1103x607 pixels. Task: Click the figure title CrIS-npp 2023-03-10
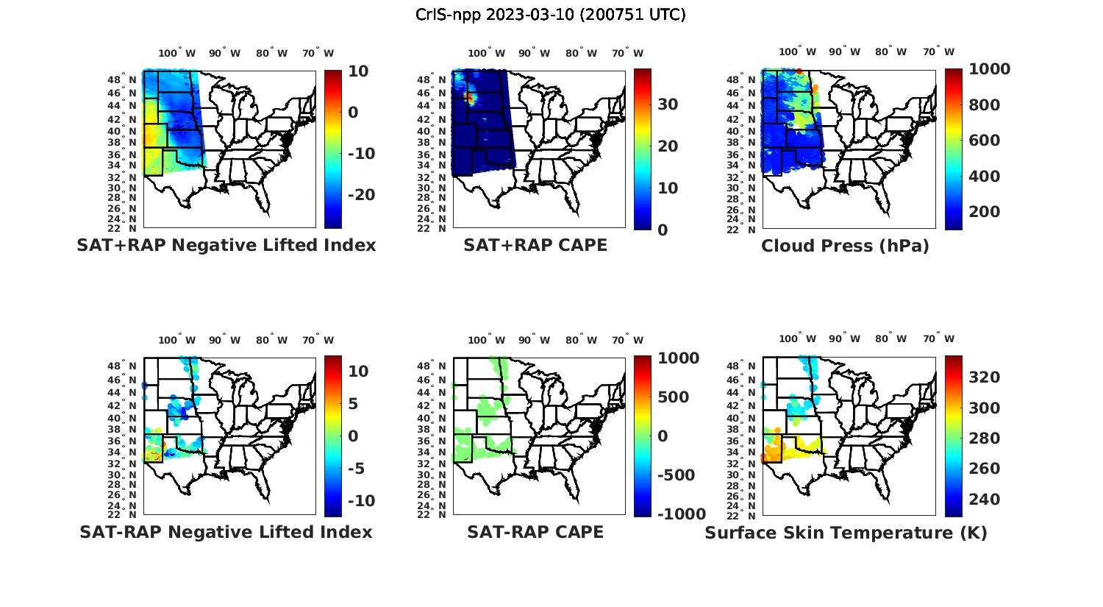point(550,15)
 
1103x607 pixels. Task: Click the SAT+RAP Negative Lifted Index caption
point(226,246)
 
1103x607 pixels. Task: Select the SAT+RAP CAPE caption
point(535,246)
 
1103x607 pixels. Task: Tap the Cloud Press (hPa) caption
point(845,246)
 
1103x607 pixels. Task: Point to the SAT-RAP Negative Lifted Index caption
point(226,532)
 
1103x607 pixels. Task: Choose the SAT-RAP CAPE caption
point(535,532)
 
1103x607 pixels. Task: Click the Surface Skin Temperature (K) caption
point(846,533)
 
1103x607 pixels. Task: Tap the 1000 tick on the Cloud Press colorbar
point(989,69)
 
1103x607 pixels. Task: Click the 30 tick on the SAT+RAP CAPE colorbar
point(668,104)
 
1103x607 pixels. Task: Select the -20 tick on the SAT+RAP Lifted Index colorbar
point(361,195)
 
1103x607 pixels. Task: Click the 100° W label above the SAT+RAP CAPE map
point(487,53)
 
